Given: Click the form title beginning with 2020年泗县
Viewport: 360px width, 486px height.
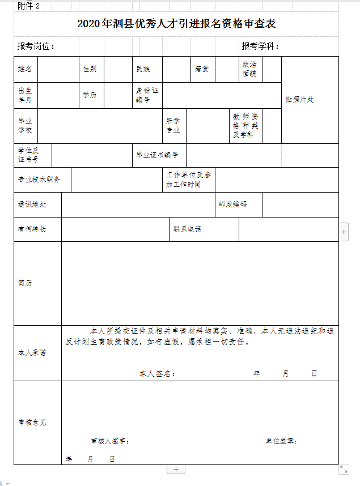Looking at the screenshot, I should pyautogui.click(x=180, y=24).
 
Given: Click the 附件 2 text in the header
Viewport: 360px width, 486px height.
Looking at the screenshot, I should pyautogui.click(x=29, y=6).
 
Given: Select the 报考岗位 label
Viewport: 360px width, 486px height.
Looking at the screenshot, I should pyautogui.click(x=36, y=46).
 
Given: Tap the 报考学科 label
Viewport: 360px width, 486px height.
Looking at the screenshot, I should pyautogui.click(x=260, y=46).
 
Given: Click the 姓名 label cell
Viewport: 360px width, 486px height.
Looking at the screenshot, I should pyautogui.click(x=25, y=69).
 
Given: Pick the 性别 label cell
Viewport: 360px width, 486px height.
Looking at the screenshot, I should pyautogui.click(x=90, y=69).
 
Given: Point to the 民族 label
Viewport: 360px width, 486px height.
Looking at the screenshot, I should pyautogui.click(x=143, y=69).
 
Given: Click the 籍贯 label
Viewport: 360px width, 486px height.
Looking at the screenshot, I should pyautogui.click(x=202, y=69).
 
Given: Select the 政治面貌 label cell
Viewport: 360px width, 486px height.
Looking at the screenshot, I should pyautogui.click(x=249, y=69).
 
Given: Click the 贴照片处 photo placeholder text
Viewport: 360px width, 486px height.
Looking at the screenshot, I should pyautogui.click(x=300, y=100).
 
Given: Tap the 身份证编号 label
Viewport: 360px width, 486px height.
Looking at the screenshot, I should pyautogui.click(x=147, y=95).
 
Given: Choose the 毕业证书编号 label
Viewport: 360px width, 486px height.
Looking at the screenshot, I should pyautogui.click(x=157, y=155).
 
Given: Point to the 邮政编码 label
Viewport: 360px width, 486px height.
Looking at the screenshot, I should pyautogui.click(x=233, y=204).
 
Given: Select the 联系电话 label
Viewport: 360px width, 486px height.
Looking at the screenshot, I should pyautogui.click(x=188, y=229).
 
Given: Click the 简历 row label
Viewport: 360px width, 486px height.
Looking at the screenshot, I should pyautogui.click(x=25, y=283).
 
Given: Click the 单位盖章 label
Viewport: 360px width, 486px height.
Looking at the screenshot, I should pyautogui.click(x=281, y=441).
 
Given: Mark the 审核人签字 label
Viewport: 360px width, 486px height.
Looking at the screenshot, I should pyautogui.click(x=111, y=441).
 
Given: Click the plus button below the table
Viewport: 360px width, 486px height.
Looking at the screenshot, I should pyautogui.click(x=176, y=469).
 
